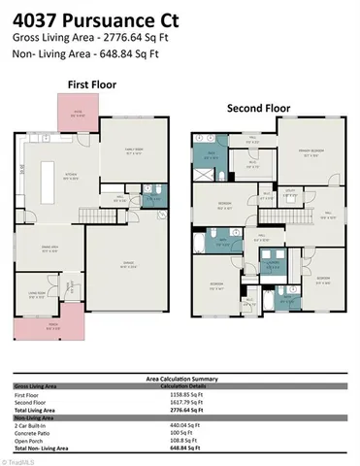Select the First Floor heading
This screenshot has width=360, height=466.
pyautogui.click(x=90, y=84)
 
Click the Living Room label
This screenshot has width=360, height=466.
pyautogui.click(x=36, y=295)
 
